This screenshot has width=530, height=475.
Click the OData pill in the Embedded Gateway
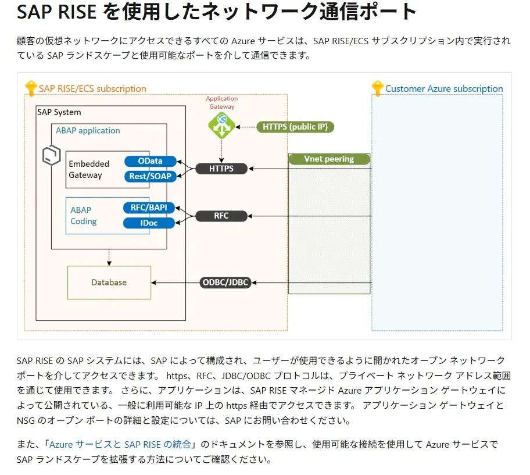tap(151, 161)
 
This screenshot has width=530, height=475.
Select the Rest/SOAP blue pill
tap(151, 176)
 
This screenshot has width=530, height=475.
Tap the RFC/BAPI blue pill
tap(149, 208)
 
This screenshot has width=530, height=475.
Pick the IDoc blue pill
tap(149, 223)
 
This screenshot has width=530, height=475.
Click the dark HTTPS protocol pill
tap(221, 169)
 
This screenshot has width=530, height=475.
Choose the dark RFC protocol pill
tap(221, 216)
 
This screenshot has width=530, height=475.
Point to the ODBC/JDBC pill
tap(225, 283)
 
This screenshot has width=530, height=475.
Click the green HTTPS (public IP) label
tap(295, 126)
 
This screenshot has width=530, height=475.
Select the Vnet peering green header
tap(329, 159)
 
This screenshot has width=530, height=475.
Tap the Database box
tap(109, 283)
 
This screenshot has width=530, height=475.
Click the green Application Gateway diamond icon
tap(221, 125)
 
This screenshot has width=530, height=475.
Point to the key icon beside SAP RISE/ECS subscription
tap(31, 89)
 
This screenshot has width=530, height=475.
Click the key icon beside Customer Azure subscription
tap(378, 88)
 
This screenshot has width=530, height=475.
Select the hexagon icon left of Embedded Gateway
tap(52, 155)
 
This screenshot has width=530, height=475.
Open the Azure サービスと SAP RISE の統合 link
tap(120, 444)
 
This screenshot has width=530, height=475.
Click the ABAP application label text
tap(88, 131)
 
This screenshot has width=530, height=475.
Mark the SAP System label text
tap(59, 112)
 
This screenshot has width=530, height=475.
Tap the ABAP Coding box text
tap(84, 216)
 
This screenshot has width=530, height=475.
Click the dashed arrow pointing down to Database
tap(109, 258)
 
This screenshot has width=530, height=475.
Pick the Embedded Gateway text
tap(89, 169)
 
